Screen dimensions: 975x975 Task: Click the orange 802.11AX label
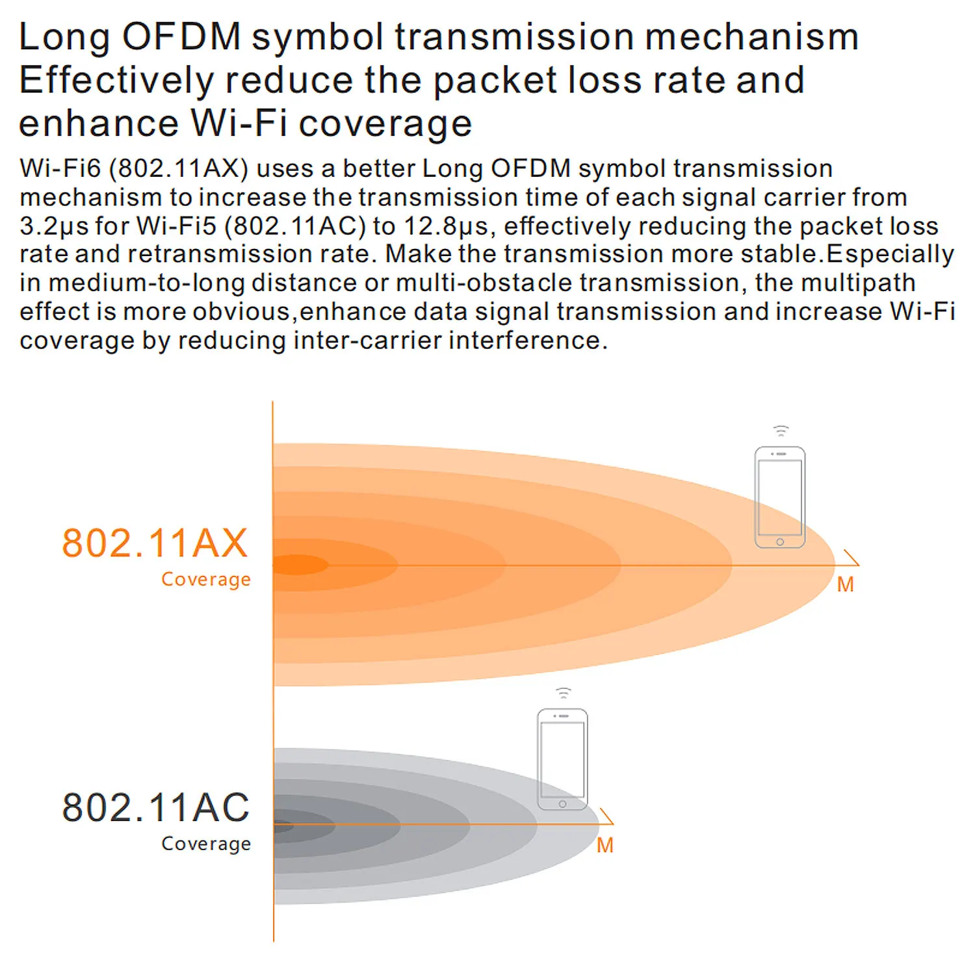(x=155, y=543)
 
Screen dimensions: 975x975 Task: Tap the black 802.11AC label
(x=155, y=808)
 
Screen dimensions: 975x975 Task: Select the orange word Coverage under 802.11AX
(x=205, y=579)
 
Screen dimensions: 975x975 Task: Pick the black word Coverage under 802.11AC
(x=205, y=844)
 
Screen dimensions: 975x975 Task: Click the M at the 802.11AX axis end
(x=845, y=585)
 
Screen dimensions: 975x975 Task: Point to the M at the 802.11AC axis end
(x=604, y=846)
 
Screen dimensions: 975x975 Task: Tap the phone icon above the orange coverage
(x=779, y=497)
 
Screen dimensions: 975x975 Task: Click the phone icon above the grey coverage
(x=562, y=759)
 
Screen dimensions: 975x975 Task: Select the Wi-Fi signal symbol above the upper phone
(x=780, y=431)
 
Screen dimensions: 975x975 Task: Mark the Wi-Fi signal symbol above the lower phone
(x=563, y=693)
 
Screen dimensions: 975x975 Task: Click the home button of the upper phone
(x=780, y=541)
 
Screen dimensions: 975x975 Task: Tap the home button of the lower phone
(x=562, y=804)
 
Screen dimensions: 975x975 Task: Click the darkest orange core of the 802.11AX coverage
(x=299, y=565)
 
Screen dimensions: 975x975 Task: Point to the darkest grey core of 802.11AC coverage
(x=283, y=827)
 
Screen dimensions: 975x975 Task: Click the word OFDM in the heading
(x=181, y=37)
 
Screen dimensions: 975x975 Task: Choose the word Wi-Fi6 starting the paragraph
(x=60, y=169)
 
